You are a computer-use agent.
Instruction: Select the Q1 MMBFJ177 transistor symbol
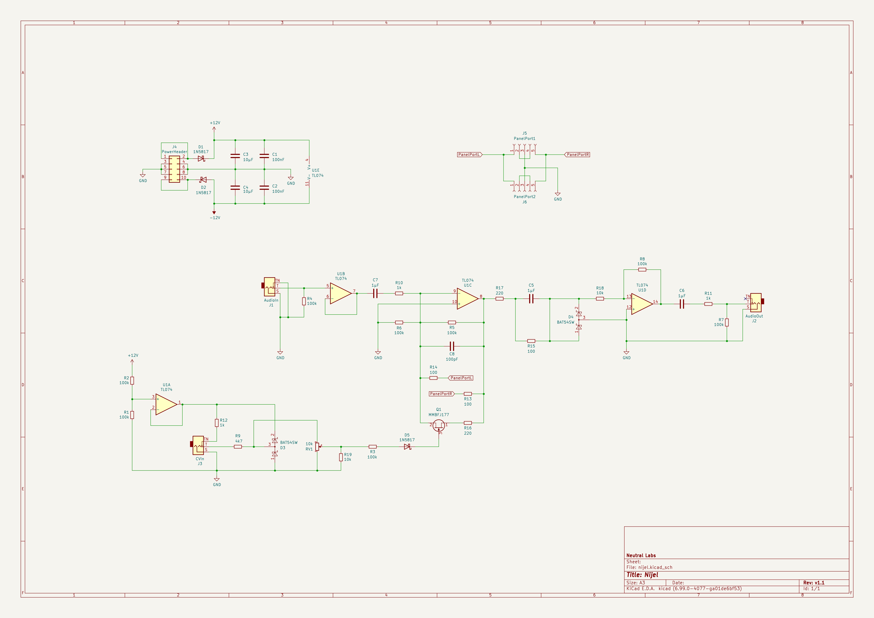tap(439, 425)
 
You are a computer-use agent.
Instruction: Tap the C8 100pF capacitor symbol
tap(452, 346)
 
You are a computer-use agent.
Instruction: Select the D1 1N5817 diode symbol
tap(201, 158)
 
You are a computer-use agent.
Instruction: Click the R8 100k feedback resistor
tap(642, 270)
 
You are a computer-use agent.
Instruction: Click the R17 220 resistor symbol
tap(499, 299)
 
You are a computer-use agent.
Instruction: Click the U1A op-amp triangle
tap(166, 404)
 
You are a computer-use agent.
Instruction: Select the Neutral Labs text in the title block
tap(641, 556)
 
